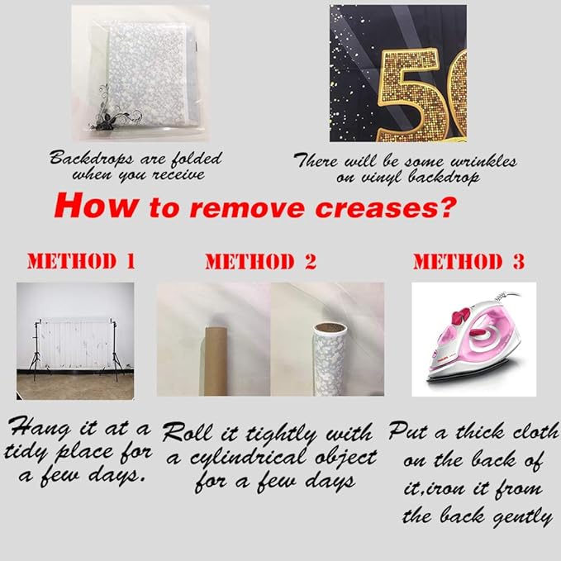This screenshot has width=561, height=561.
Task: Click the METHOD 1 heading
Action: tap(81, 261)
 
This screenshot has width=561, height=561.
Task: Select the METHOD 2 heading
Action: tap(261, 261)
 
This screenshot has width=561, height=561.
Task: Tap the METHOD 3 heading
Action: tap(469, 261)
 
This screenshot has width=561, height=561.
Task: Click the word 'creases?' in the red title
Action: tap(386, 207)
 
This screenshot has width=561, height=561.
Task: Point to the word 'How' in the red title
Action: tap(97, 206)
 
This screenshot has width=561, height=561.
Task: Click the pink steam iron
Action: tap(473, 340)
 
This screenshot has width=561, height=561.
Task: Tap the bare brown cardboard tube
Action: tap(216, 360)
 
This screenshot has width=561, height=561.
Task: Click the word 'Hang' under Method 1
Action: tap(40, 428)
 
